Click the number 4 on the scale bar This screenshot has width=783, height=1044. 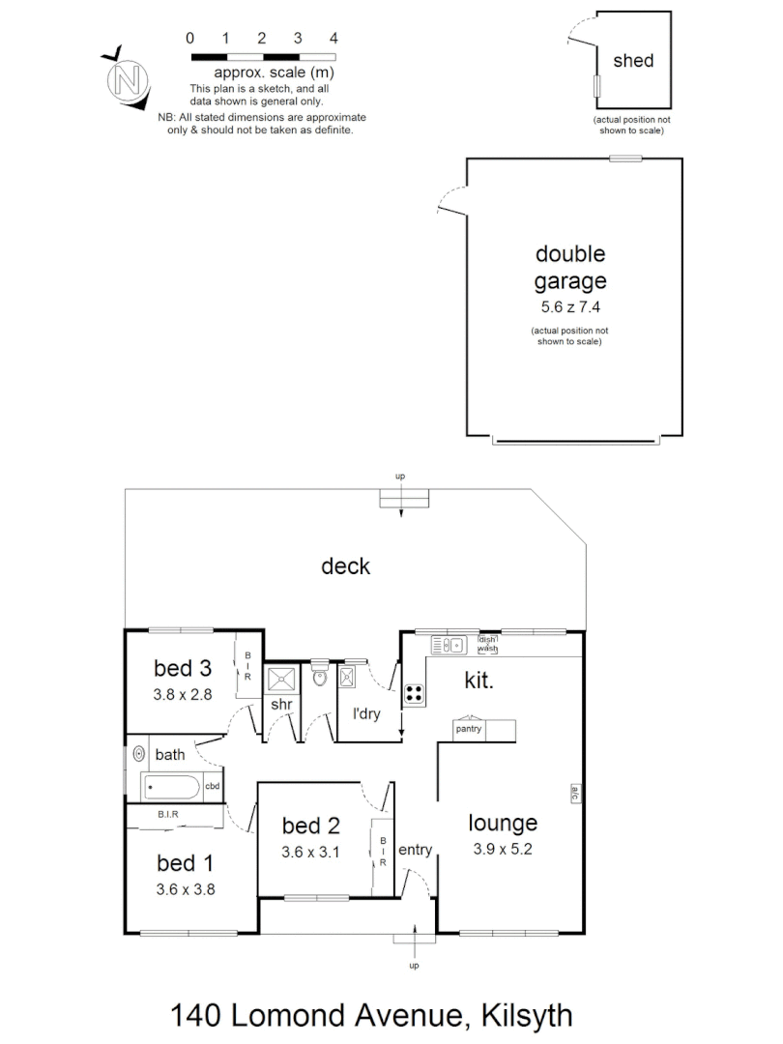point(333,39)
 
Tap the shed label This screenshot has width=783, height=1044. point(633,61)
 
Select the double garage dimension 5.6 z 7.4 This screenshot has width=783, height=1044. point(571,309)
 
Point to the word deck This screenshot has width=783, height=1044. point(345,566)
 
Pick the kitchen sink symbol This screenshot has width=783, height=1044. point(449,644)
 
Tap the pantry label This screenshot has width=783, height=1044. point(469,729)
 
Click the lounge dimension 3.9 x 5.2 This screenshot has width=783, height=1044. point(503,850)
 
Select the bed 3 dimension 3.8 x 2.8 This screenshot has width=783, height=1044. point(182,693)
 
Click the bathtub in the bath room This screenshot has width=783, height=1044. point(174,787)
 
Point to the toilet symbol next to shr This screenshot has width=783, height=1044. point(320,680)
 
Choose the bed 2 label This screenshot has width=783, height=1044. point(310,826)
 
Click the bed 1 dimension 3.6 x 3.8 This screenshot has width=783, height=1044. point(186,888)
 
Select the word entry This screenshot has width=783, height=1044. point(415,850)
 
